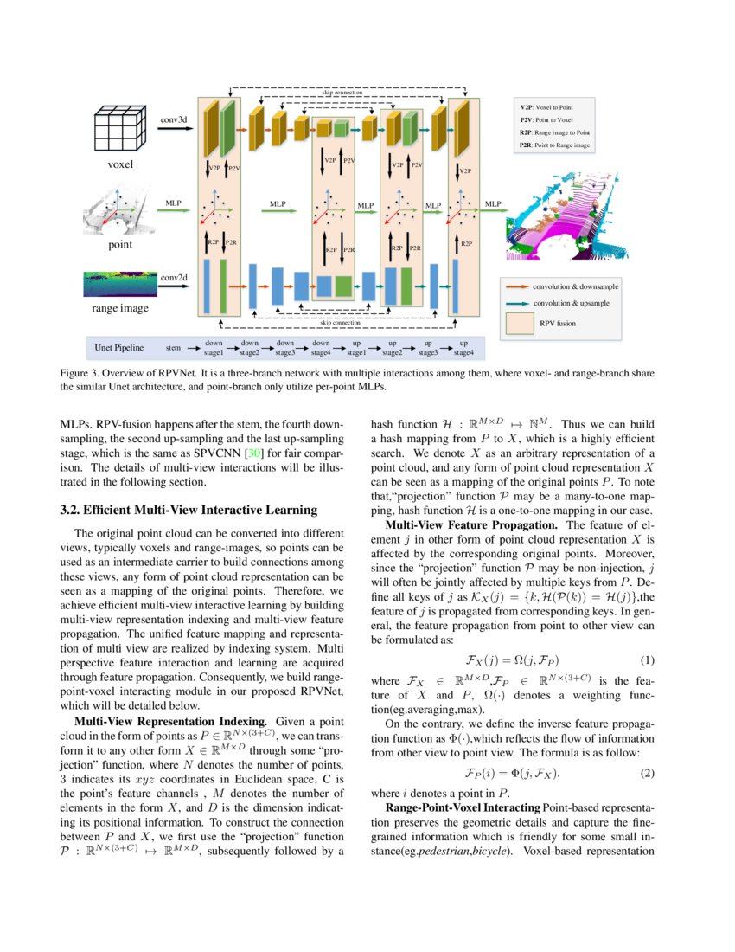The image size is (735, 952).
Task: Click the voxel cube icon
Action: pos(120,129)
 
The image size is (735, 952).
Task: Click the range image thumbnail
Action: pos(120,284)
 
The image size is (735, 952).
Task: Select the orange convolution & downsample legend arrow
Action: pos(517,286)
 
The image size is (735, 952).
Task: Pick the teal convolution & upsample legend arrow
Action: pos(517,304)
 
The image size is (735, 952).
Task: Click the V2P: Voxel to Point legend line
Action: pos(546,106)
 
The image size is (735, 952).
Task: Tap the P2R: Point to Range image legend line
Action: pos(554,146)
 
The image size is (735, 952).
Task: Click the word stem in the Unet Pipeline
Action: pos(173,348)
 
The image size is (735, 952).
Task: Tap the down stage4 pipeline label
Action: pos(321,348)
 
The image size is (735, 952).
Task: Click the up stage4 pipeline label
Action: pos(463,348)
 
